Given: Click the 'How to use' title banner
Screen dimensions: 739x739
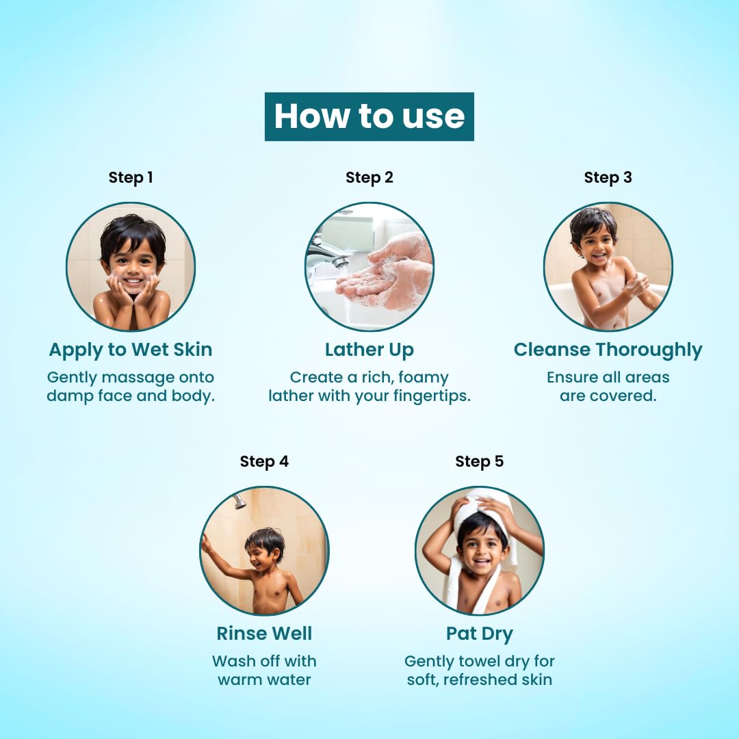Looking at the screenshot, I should point(369,116).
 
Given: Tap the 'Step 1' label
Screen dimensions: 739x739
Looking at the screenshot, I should point(131,178).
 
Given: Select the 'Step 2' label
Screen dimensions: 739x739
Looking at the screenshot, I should point(369,178).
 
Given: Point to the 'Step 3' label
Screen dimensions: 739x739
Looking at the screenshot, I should point(608,178).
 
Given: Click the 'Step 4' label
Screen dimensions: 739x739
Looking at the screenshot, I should point(264,462).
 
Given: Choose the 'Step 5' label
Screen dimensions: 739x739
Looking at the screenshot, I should point(479,462).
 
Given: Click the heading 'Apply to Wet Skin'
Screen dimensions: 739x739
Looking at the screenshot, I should point(131,350).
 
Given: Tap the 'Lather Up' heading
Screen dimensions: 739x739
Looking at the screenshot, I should point(369,350).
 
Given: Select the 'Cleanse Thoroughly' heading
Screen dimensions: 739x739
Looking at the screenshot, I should point(608,350).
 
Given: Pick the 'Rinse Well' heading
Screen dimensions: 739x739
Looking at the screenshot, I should point(264,634).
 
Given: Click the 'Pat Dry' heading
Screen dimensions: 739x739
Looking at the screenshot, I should point(479,634).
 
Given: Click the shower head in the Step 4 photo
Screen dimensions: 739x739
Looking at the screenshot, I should point(238,502).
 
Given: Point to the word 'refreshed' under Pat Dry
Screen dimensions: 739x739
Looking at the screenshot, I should point(480,680).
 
